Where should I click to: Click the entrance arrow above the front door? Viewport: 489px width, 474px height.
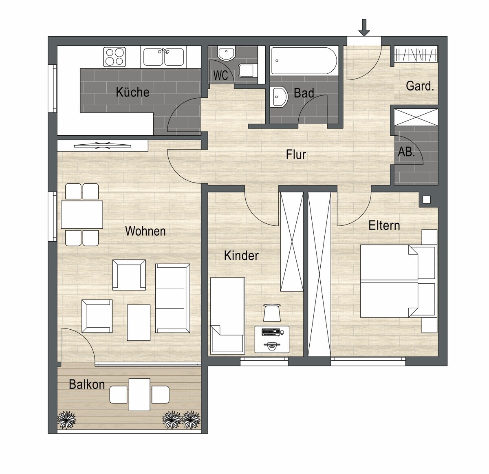(x=364, y=27)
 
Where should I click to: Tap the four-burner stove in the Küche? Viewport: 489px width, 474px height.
(x=115, y=57)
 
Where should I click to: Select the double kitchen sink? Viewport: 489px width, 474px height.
(x=163, y=57)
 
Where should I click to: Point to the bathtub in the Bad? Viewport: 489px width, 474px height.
(x=304, y=61)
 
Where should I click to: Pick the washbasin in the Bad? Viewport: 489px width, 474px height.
(x=278, y=97)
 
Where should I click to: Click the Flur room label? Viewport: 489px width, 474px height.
(x=296, y=154)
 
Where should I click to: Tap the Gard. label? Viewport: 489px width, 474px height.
(x=420, y=86)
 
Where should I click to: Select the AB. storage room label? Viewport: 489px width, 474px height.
(x=406, y=152)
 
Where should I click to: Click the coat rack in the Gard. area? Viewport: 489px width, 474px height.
(x=416, y=55)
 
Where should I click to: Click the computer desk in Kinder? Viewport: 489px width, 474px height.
(x=272, y=339)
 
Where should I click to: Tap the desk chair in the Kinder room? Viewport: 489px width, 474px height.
(x=272, y=312)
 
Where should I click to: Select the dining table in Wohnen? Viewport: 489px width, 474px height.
(x=82, y=214)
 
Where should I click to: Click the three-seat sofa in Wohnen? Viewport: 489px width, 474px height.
(x=172, y=298)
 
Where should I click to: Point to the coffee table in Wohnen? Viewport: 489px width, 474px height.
(x=139, y=323)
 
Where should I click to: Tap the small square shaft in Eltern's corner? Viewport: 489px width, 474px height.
(x=427, y=200)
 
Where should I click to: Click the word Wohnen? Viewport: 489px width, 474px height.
(x=145, y=231)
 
